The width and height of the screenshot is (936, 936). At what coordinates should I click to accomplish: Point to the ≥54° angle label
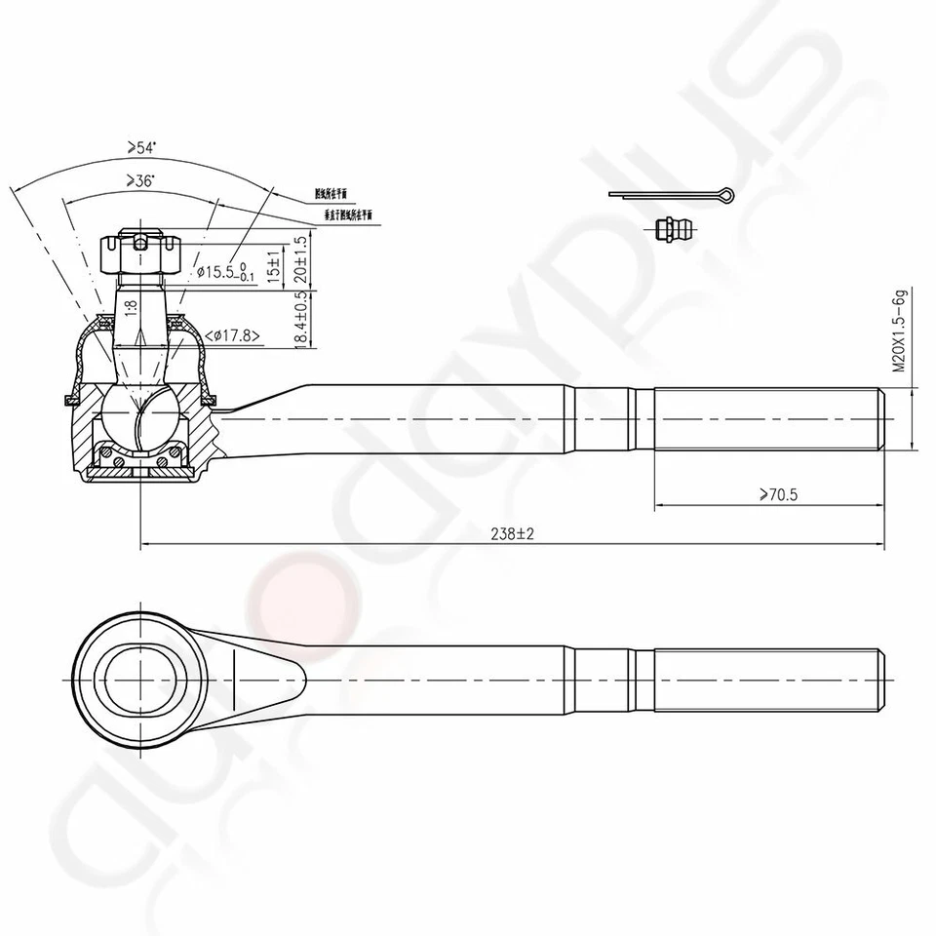140,147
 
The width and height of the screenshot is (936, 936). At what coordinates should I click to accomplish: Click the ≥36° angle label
140,181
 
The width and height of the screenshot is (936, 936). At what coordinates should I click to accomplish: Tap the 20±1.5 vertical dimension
301,258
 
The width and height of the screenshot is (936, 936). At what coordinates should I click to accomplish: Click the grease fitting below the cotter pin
673,230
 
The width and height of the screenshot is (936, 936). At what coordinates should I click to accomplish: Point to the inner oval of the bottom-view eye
142,677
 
